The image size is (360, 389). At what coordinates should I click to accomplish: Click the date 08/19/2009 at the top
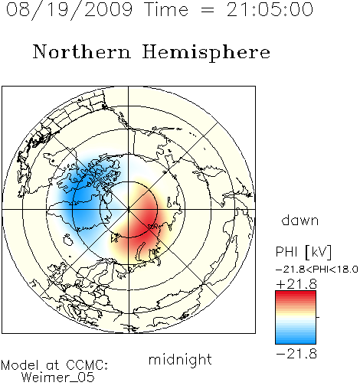[69, 10]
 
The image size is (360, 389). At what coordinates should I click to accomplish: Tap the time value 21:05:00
[270, 10]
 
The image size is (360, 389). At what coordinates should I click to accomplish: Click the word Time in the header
[166, 10]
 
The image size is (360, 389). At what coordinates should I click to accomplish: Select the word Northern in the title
[82, 51]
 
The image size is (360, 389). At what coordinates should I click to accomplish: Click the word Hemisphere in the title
[206, 53]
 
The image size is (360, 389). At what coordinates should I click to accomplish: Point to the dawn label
[300, 220]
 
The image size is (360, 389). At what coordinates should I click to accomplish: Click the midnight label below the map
[180, 359]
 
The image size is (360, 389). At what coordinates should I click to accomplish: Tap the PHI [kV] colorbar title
[303, 252]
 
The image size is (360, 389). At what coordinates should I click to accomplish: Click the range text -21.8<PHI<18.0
[317, 270]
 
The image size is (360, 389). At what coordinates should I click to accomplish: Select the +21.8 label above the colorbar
[296, 284]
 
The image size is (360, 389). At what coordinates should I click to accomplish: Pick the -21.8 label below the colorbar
[296, 354]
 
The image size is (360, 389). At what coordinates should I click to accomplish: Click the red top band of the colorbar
[296, 295]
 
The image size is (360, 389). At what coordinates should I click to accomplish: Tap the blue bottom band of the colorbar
[296, 339]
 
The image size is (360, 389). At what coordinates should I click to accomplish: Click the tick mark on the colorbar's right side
[318, 317]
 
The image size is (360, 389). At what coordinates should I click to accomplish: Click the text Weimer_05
[58, 377]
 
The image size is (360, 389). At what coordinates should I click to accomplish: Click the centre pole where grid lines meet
[129, 209]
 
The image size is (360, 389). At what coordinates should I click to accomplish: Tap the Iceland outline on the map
[67, 240]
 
